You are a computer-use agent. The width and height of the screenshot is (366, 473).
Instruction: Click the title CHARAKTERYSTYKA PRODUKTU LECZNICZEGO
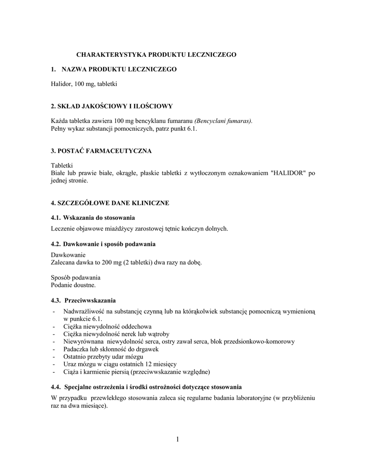[x=156, y=55]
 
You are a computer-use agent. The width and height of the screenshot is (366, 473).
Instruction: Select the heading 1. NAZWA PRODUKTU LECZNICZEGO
[x=114, y=69]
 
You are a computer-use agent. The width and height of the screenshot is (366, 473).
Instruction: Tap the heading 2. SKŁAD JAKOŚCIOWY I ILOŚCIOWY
[x=112, y=106]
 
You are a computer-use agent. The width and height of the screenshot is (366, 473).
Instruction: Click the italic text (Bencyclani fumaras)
[x=223, y=121]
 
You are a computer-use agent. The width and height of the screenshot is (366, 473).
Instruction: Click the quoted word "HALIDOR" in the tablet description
[x=288, y=173]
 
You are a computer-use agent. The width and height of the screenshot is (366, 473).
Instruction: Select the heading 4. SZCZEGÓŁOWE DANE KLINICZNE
[x=110, y=203]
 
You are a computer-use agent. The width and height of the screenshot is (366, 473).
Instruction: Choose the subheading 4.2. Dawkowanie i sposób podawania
[x=103, y=243]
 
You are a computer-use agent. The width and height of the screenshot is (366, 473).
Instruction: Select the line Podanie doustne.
[x=73, y=285]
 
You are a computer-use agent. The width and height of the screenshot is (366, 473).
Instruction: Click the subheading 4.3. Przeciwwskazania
[x=83, y=300]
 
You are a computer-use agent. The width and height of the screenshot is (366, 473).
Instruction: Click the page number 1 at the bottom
[x=177, y=439]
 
